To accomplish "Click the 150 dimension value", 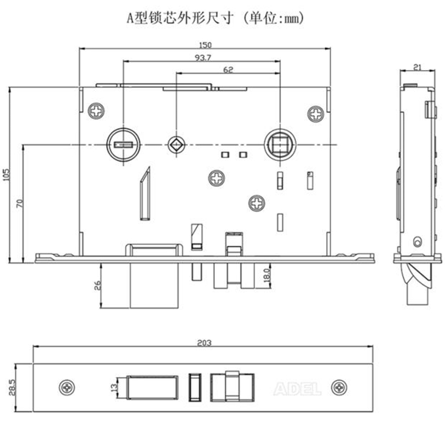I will (205, 45).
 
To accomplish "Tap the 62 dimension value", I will (228, 69).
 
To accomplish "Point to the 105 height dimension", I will (6, 175).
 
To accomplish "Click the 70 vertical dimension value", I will (19, 203).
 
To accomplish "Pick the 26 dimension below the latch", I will (98, 285).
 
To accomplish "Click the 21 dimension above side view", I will (418, 67).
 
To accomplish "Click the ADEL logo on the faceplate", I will (297, 389).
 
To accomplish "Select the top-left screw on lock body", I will (96, 111).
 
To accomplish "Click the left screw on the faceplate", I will (67, 387).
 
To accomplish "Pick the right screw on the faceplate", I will (340, 388).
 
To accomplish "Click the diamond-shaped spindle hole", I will (176, 144).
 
